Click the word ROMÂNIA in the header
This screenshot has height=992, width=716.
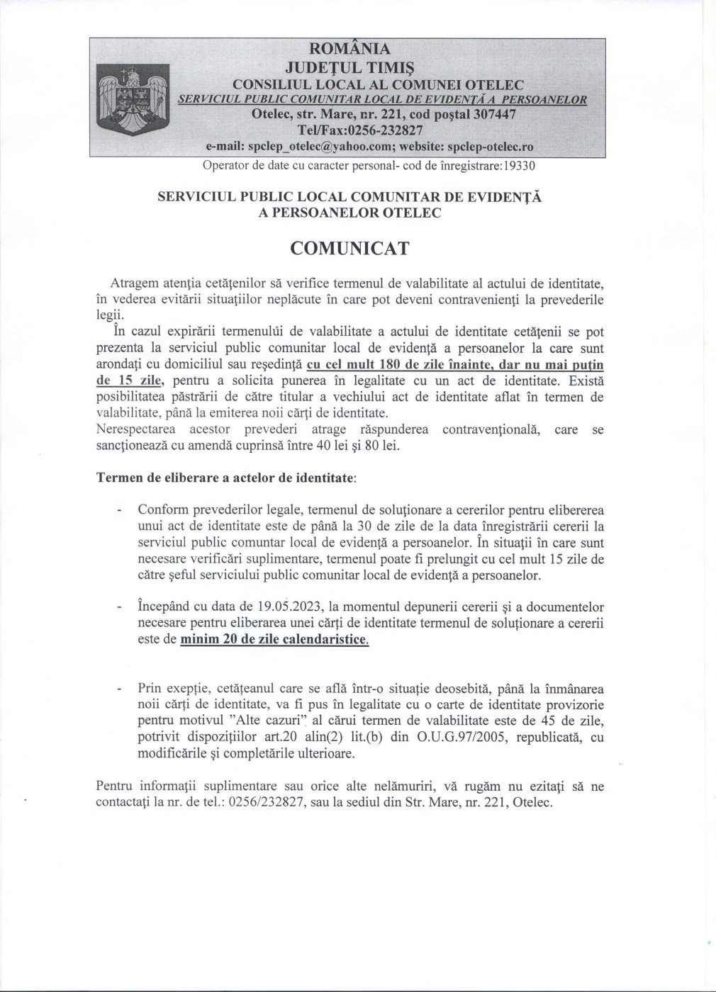click(x=349, y=49)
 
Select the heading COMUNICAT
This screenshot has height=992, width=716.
click(x=349, y=249)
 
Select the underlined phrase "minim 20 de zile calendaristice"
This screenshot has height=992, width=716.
click(x=274, y=640)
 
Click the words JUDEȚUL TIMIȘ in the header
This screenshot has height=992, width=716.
click(x=349, y=67)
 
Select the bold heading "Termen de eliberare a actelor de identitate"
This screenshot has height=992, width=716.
click(x=225, y=478)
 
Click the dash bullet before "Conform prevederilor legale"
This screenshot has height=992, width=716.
click(x=119, y=510)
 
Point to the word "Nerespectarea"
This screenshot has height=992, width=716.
click(x=135, y=430)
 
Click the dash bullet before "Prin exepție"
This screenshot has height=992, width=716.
click(x=119, y=689)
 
